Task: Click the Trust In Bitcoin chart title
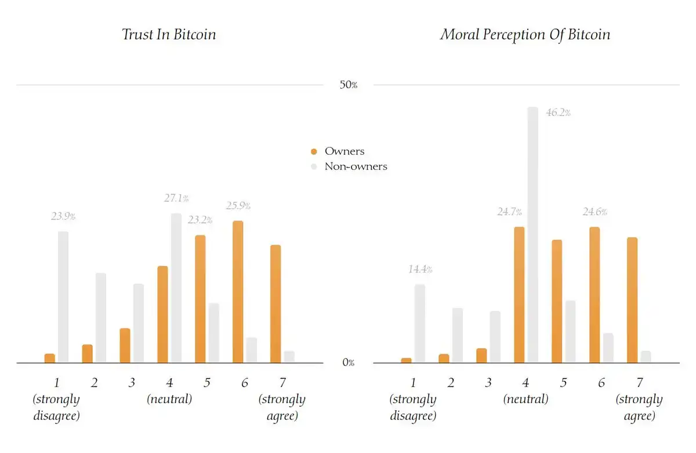(x=169, y=34)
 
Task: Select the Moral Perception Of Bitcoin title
(x=525, y=34)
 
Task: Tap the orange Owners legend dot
(x=314, y=151)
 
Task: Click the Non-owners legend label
(x=356, y=166)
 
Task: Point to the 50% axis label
(x=348, y=85)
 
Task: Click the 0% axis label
(x=348, y=363)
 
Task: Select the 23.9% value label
(x=63, y=217)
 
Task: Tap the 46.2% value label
(x=558, y=113)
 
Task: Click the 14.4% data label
(x=419, y=270)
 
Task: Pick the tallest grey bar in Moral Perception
(x=532, y=235)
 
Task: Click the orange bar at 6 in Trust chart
(x=238, y=292)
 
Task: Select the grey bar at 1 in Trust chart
(x=63, y=297)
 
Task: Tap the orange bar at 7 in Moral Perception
(x=632, y=300)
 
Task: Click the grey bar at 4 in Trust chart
(x=176, y=288)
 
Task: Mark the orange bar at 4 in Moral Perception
(x=519, y=295)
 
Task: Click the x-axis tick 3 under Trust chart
(x=132, y=383)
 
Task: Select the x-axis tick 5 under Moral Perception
(x=563, y=383)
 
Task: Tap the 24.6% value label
(x=594, y=212)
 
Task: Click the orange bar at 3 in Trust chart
(x=125, y=346)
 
